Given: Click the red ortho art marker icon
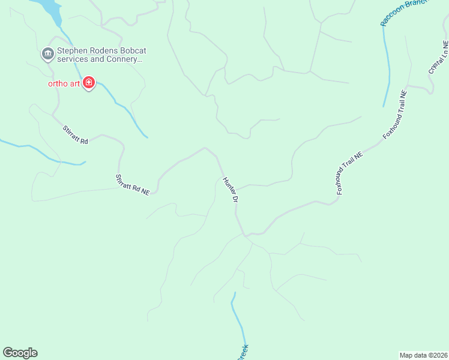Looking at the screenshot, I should pyautogui.click(x=89, y=83).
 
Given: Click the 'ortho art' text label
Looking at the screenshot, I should pyautogui.click(x=64, y=83).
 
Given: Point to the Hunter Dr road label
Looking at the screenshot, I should pyautogui.click(x=231, y=190).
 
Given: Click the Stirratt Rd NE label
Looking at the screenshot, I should pyautogui.click(x=132, y=184).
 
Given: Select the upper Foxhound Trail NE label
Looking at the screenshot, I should pyautogui.click(x=395, y=115).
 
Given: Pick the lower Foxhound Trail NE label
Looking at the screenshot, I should pyautogui.click(x=350, y=172).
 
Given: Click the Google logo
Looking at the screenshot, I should pyautogui.click(x=20, y=353).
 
